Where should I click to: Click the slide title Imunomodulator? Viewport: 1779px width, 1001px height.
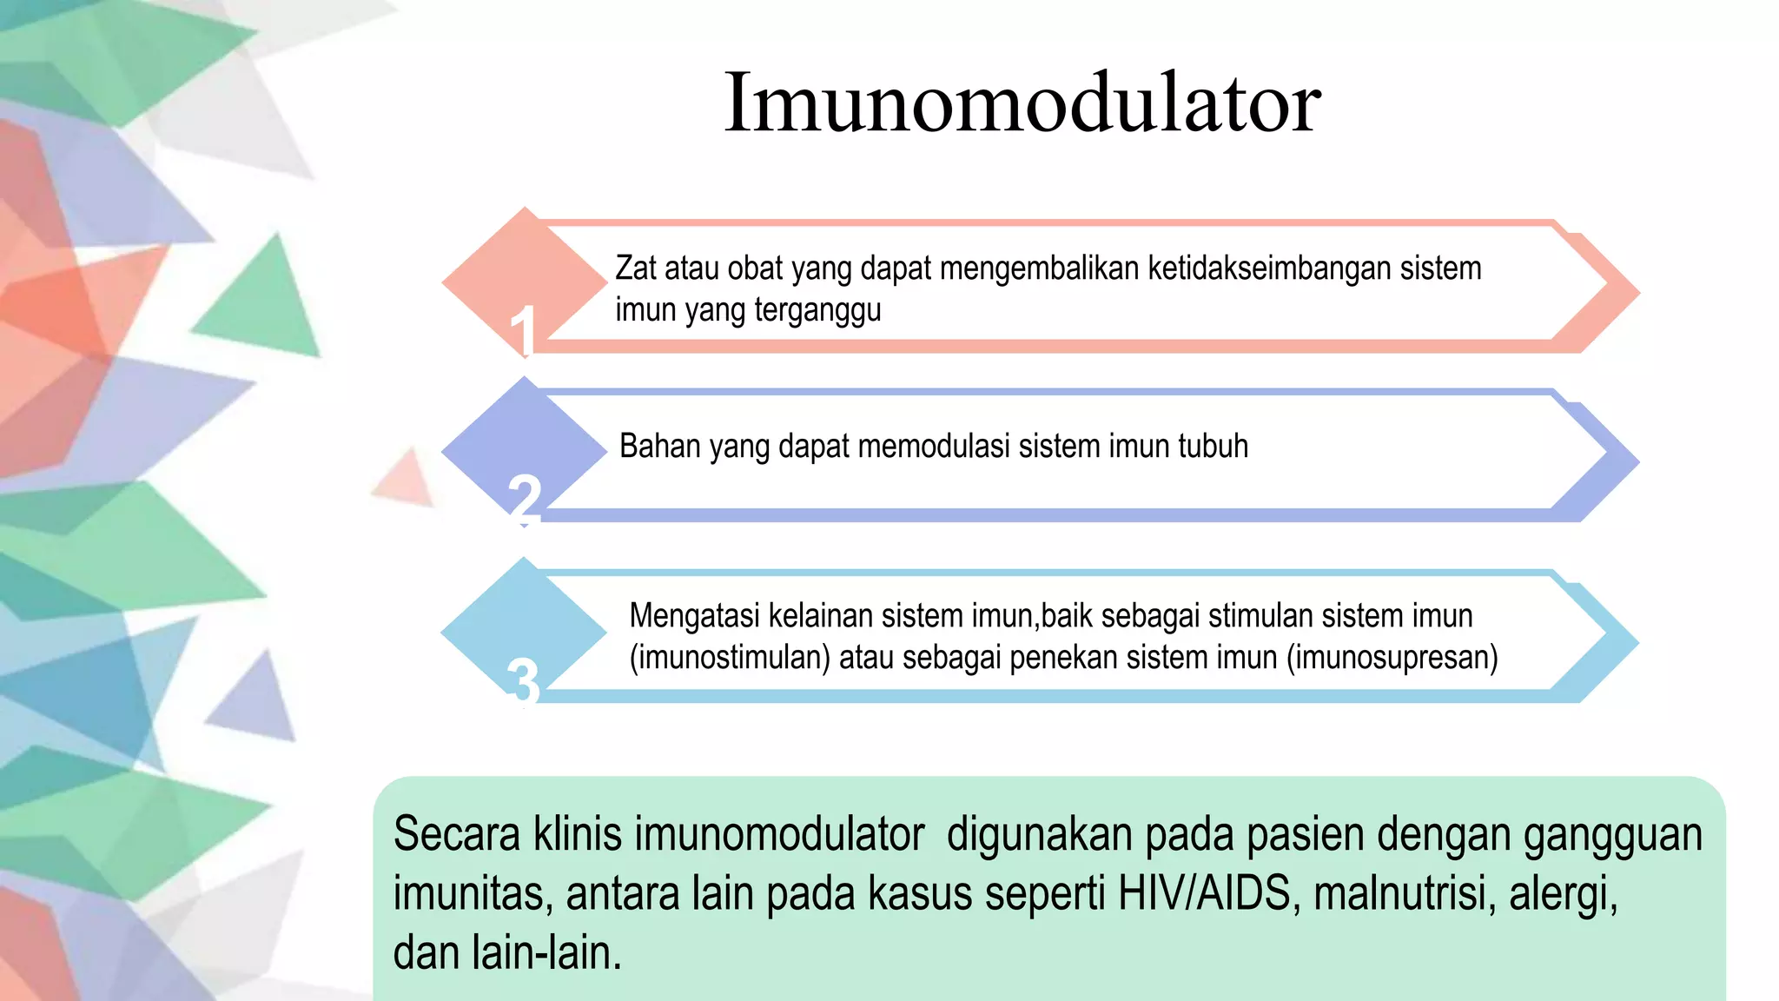click(x=1022, y=103)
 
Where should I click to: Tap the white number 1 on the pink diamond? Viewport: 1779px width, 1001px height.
click(x=522, y=331)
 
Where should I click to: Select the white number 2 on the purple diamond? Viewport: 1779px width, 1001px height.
click(x=524, y=499)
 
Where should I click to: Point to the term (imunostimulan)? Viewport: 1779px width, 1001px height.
click(x=730, y=658)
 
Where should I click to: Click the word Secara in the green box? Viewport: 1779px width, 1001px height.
click(x=457, y=834)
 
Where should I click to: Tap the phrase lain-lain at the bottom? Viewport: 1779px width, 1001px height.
click(x=546, y=952)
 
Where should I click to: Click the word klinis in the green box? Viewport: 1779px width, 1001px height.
click(x=578, y=834)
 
